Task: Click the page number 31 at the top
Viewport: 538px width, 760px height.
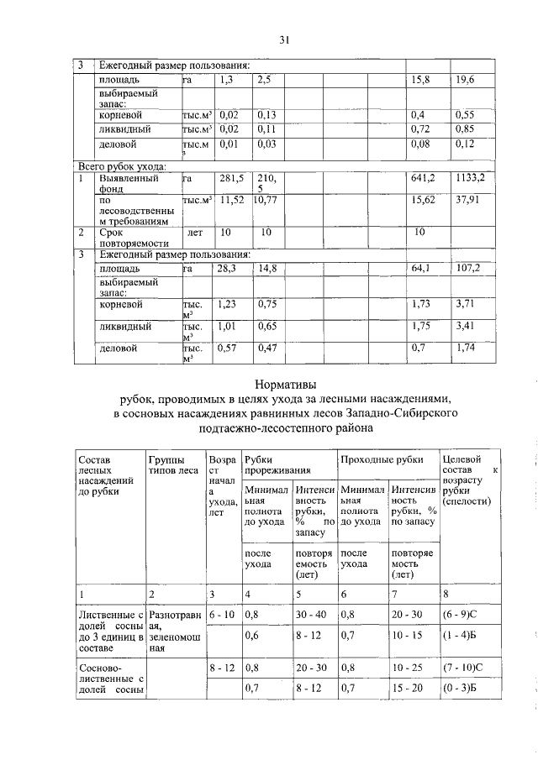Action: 284,39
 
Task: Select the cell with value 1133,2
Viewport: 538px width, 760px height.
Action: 471,178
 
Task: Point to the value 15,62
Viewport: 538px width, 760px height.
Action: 423,202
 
